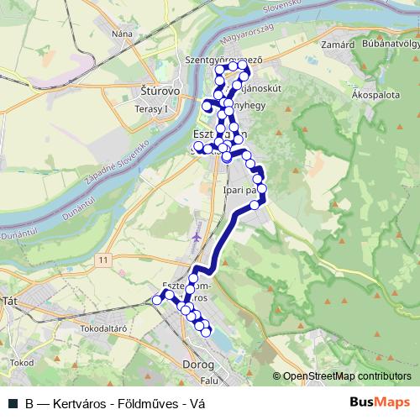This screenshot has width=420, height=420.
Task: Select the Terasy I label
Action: tap(151, 108)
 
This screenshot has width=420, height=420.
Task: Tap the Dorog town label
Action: tap(198, 365)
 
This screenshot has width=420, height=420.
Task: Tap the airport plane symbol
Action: tap(197, 237)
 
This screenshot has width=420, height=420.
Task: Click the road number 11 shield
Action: tap(102, 263)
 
